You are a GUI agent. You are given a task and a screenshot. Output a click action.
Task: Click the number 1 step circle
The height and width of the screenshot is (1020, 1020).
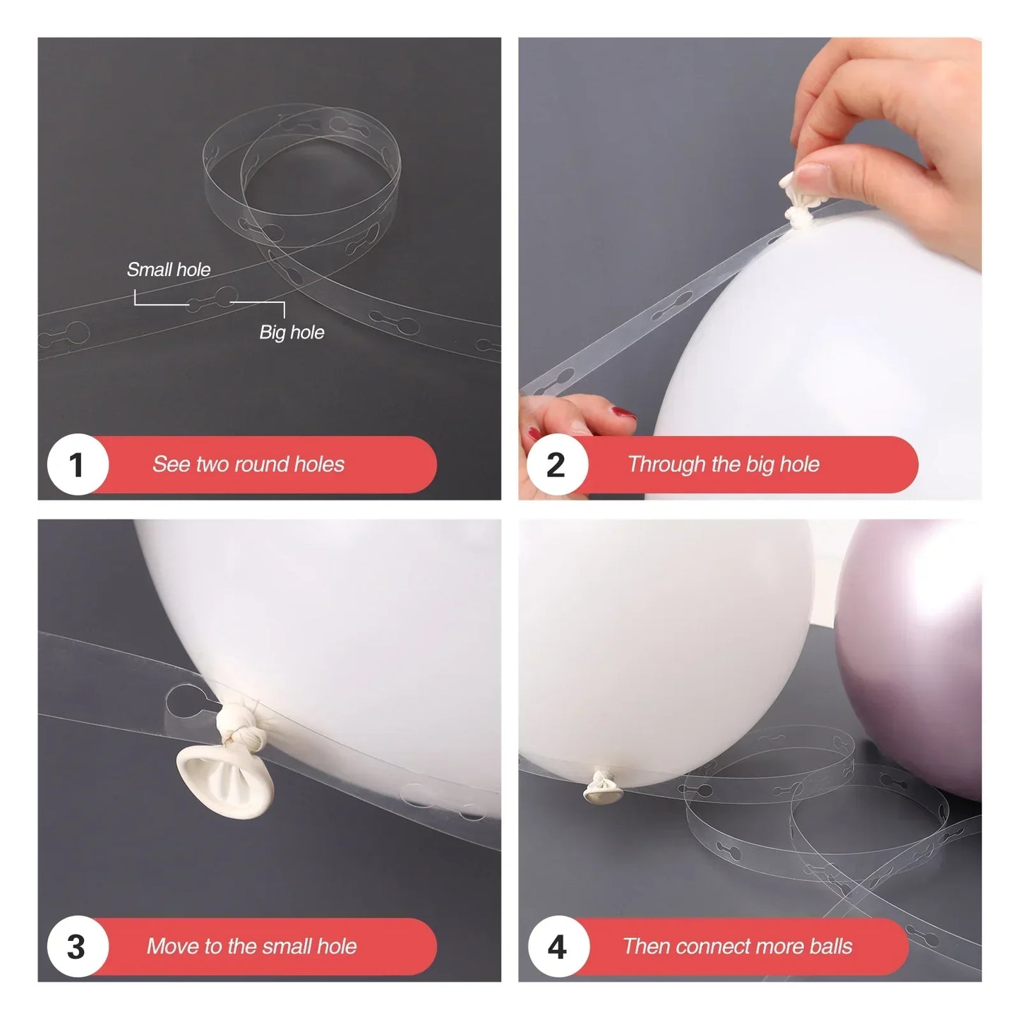pos(77,465)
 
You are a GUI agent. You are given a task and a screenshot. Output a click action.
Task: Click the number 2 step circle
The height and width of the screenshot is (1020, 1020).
pos(557,465)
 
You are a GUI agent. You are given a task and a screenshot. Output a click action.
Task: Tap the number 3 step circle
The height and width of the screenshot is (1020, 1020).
pos(77,947)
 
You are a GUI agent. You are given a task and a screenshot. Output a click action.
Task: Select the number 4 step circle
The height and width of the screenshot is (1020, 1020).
pos(557,947)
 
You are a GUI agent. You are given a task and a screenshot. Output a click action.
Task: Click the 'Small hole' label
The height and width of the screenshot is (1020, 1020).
pos(169,270)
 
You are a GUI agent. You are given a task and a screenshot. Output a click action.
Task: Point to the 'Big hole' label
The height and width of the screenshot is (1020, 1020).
pos(292,332)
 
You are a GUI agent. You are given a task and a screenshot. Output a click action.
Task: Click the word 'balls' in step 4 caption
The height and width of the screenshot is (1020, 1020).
pos(830,947)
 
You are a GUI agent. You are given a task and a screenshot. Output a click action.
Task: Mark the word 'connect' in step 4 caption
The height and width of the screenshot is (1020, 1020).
pos(707,947)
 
